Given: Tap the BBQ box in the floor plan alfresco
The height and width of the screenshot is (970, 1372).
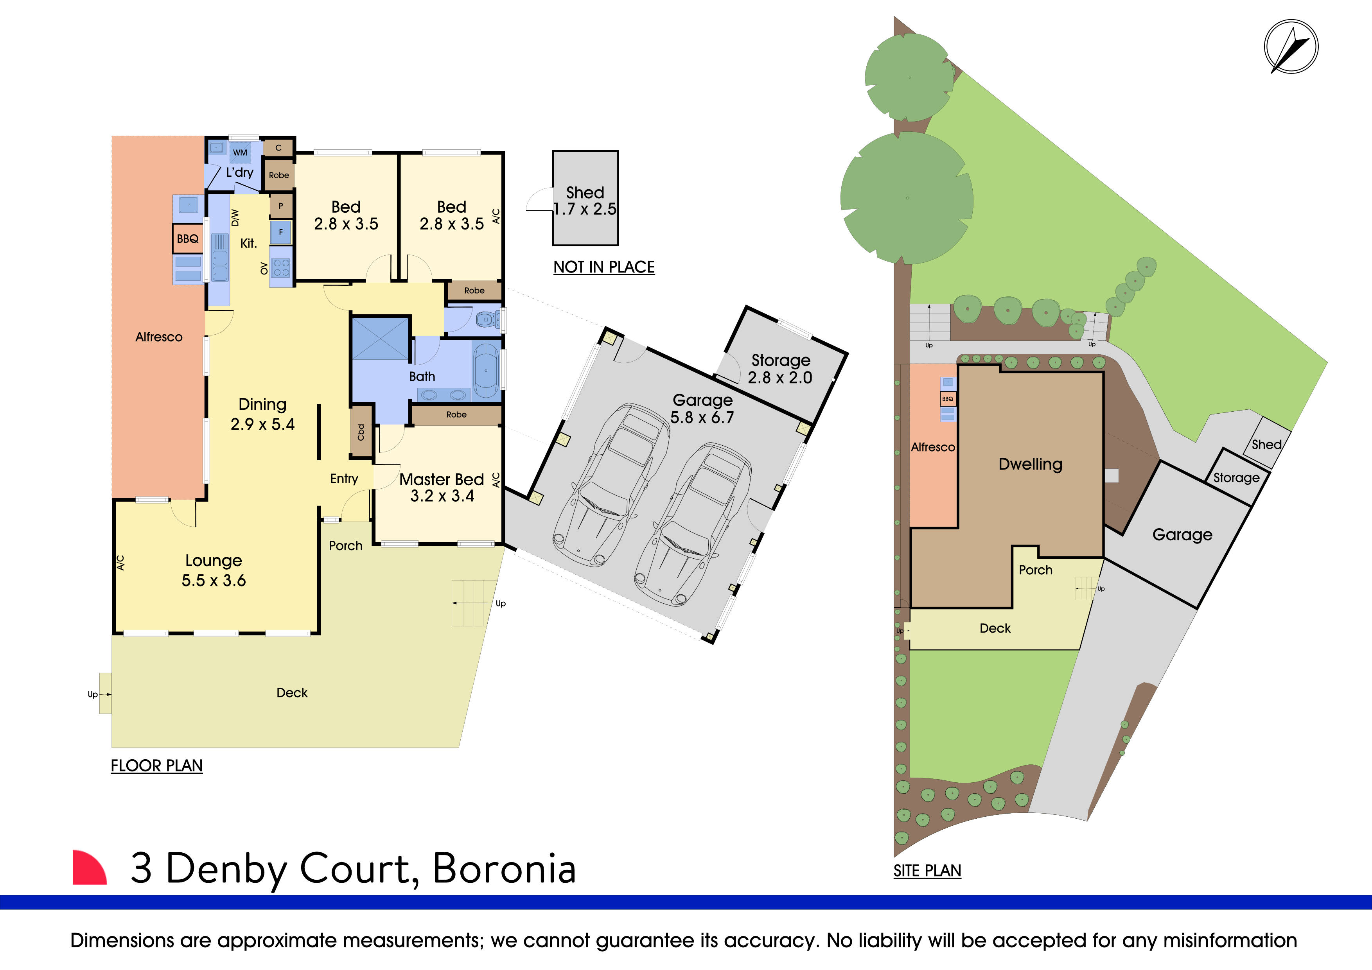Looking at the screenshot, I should coord(188,239).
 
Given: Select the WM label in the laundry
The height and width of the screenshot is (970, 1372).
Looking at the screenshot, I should coord(240,152).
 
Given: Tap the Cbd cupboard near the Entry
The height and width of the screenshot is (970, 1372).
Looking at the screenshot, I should coord(361,431).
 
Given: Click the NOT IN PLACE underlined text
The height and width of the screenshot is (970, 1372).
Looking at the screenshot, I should coord(603,267).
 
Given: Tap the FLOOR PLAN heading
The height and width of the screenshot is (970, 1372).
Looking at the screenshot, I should coord(156,766).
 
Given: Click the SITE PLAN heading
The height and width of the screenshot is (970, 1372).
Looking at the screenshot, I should coord(927,871).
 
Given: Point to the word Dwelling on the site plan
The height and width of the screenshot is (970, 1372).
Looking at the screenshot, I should coord(1030,464).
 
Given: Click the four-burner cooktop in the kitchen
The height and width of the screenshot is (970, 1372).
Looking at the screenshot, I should coord(281,267).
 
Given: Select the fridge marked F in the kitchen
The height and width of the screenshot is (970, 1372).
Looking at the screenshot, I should coord(280,232).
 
